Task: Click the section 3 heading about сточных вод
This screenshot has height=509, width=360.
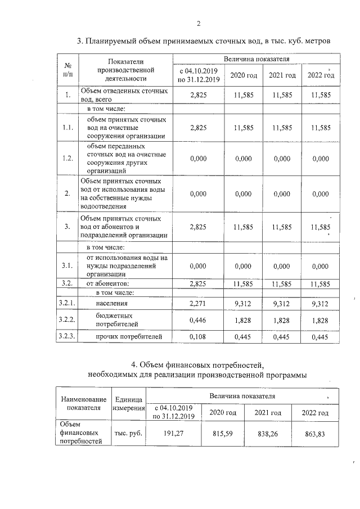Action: pyautogui.click(x=200, y=41)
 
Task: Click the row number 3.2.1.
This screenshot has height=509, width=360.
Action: pyautogui.click(x=67, y=304)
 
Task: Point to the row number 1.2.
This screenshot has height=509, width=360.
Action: pyautogui.click(x=67, y=159)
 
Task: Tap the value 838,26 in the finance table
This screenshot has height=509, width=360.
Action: pyautogui.click(x=268, y=434)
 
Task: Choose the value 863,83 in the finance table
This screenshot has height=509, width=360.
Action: pyautogui.click(x=315, y=434)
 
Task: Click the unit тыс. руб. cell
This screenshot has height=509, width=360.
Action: pyautogui.click(x=129, y=434)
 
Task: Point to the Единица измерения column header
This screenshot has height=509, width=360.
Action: pyautogui.click(x=129, y=403)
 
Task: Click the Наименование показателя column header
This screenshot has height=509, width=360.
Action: pyautogui.click(x=83, y=403)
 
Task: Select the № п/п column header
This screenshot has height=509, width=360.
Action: pyautogui.click(x=67, y=70)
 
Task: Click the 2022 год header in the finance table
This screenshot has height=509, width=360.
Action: pyautogui.click(x=315, y=413)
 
